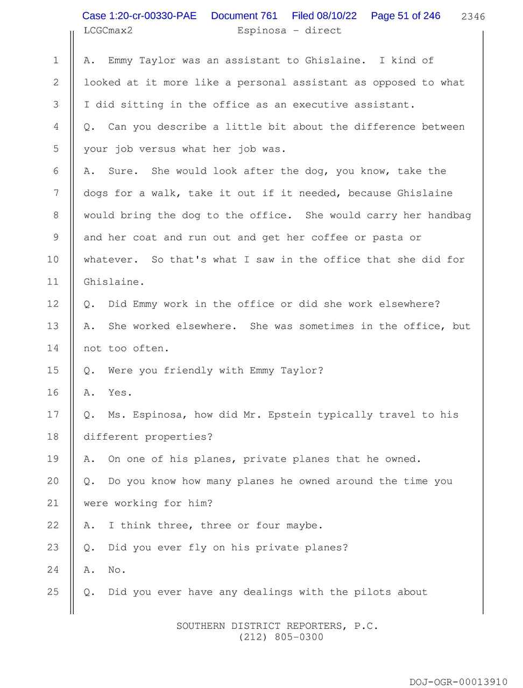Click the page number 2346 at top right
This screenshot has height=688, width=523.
(x=473, y=17)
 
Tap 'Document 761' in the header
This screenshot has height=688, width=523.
(x=244, y=16)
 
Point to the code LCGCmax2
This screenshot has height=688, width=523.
(x=108, y=31)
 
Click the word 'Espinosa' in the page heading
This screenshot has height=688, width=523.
(x=262, y=31)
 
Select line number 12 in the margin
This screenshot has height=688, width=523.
(x=53, y=304)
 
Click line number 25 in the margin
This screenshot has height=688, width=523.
(x=53, y=592)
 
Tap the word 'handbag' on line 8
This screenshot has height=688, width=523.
(x=449, y=216)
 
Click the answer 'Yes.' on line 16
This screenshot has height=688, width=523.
(x=120, y=393)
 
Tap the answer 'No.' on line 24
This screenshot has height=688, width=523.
(x=117, y=570)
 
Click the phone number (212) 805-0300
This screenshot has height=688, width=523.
(x=281, y=637)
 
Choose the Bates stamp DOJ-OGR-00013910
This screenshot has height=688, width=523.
(x=458, y=682)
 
